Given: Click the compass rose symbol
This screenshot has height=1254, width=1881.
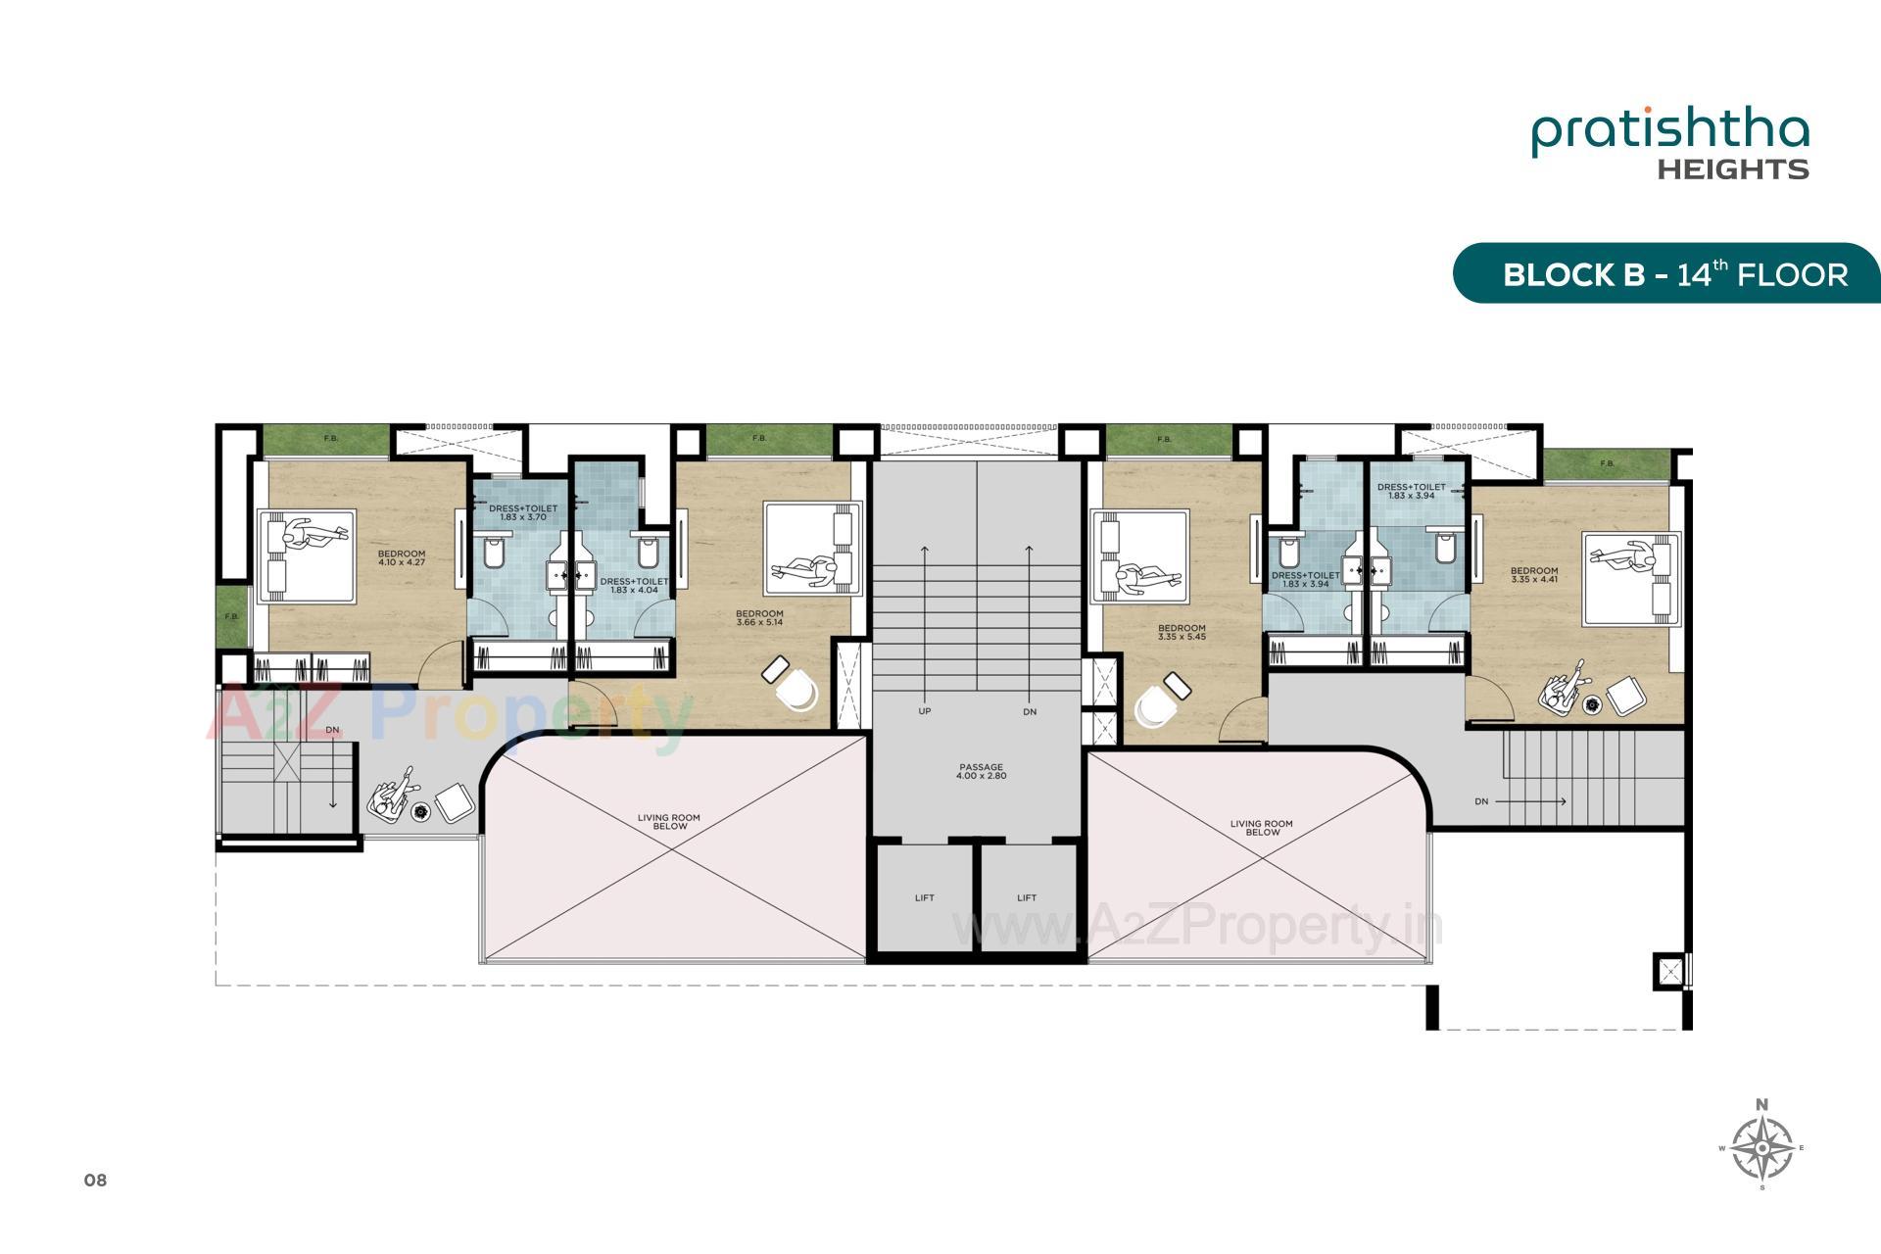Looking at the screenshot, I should [x=1761, y=1147].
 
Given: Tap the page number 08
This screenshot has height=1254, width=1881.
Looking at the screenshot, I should [x=95, y=1181].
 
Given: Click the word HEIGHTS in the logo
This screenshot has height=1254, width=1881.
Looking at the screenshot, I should [x=1732, y=169].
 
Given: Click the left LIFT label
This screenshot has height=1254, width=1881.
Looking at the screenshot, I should [x=924, y=897].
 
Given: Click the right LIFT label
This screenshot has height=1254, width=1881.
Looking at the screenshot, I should [x=1026, y=897].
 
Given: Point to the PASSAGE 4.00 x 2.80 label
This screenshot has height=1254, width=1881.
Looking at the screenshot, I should [x=981, y=771].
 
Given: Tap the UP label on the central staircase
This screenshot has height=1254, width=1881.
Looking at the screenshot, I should [x=924, y=711].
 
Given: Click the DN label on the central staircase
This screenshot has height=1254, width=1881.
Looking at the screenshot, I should [x=1029, y=712].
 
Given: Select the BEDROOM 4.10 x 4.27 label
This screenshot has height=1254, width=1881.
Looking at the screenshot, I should [x=401, y=557].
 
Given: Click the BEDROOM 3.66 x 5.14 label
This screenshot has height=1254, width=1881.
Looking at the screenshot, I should [x=759, y=617].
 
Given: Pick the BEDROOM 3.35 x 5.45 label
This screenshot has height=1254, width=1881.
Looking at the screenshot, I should [x=1182, y=632].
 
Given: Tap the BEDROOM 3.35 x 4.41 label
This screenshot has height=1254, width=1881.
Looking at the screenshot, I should [x=1533, y=574].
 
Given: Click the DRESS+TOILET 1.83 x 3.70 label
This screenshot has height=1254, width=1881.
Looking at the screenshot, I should [x=522, y=511].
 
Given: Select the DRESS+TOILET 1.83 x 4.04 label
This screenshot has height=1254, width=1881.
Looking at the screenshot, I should [x=634, y=585].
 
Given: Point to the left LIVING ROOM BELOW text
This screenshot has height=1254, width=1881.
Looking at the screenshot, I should [x=669, y=821].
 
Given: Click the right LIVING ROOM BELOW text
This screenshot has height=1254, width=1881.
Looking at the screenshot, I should [x=1262, y=828].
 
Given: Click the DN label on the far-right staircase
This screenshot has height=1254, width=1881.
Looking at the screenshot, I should [x=1480, y=801].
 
